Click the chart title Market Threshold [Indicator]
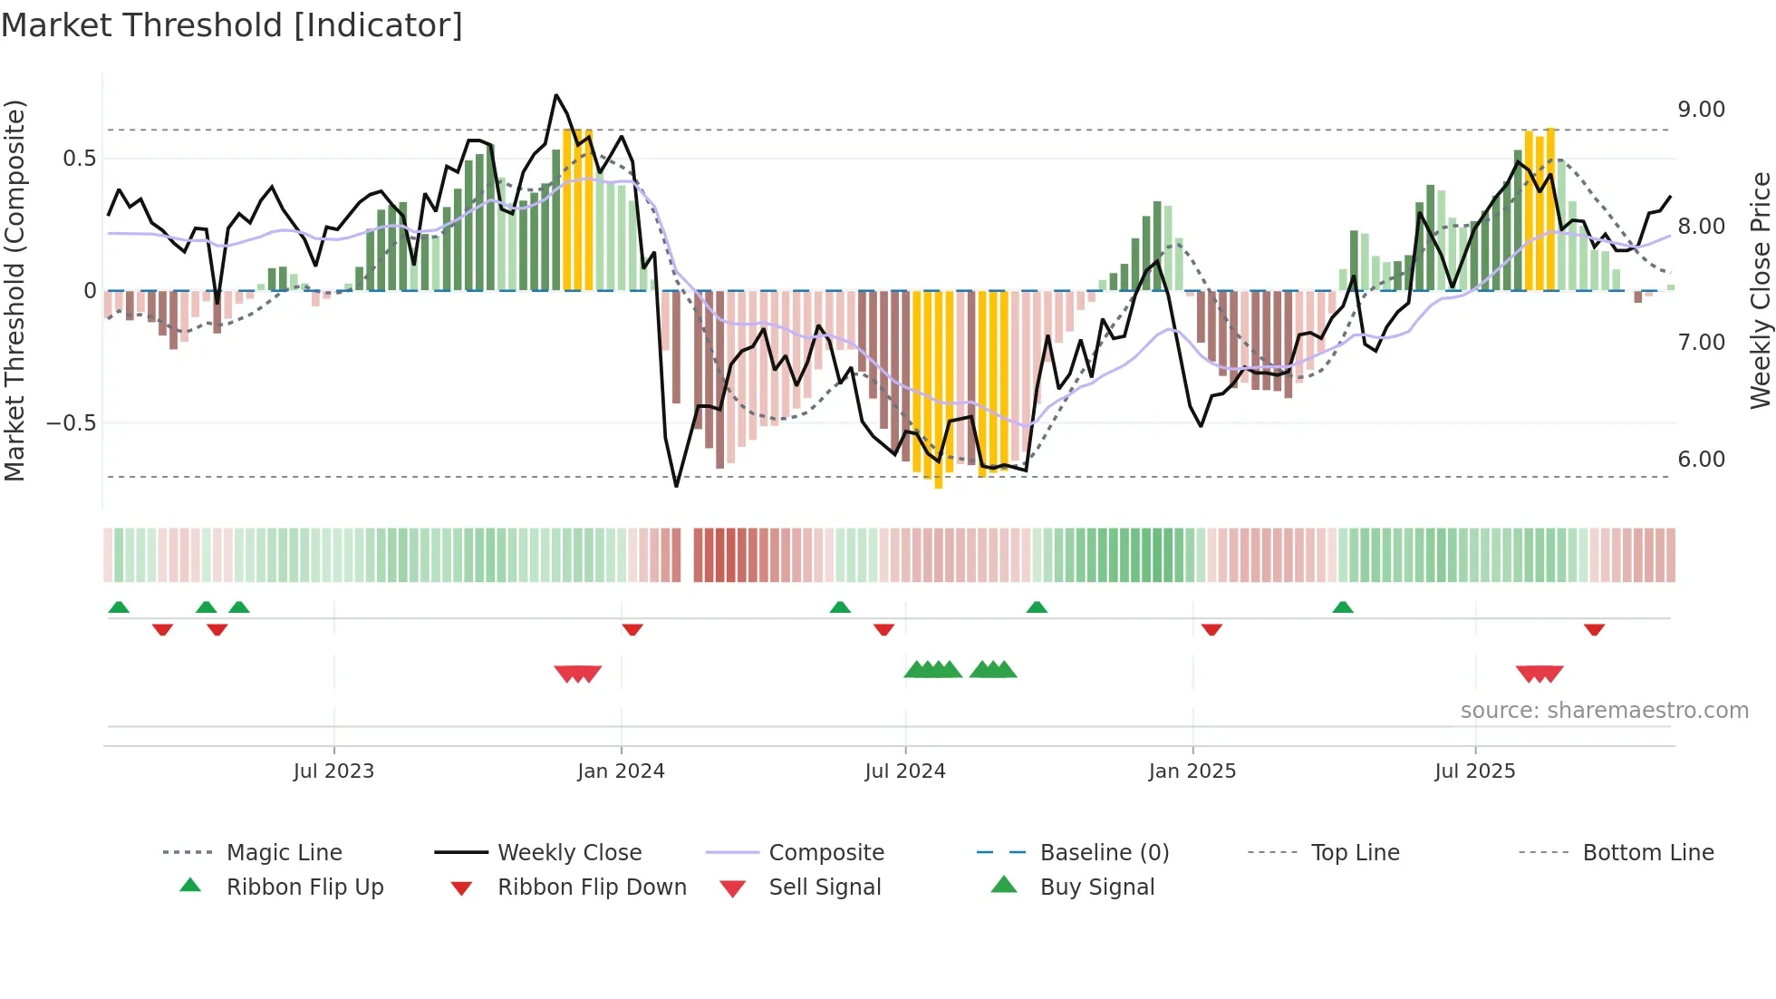tap(232, 25)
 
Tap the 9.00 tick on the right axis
tap(1701, 110)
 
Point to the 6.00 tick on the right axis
tap(1701, 460)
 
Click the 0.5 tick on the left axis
tap(79, 159)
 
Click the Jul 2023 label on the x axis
tap(333, 771)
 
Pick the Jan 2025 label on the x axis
tap(1192, 771)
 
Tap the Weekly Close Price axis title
tap(1760, 290)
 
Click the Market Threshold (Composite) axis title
tap(14, 290)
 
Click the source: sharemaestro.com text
tap(1604, 711)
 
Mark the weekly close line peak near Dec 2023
tap(556, 95)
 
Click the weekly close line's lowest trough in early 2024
tap(676, 486)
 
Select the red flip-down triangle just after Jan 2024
tap(632, 629)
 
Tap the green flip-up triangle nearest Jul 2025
tap(1343, 607)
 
